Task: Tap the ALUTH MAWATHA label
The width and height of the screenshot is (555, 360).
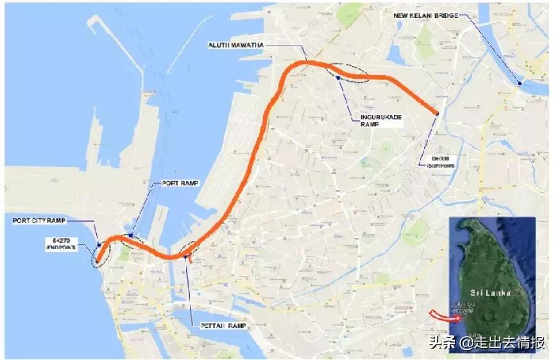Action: click(235, 45)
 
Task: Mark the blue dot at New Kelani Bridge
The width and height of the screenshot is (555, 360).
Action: click(520, 83)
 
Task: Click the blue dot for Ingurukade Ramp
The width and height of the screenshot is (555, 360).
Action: click(337, 77)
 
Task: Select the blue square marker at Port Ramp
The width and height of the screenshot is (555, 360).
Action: click(131, 235)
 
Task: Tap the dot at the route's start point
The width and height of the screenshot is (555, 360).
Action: click(437, 113)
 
